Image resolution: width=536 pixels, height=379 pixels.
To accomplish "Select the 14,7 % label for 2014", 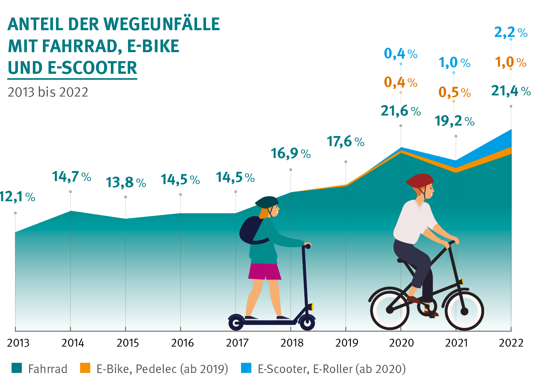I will [x=71, y=177].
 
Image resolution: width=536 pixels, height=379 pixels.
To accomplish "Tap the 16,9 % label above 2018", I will [x=290, y=153].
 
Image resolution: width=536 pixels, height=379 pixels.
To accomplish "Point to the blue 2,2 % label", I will [x=510, y=32].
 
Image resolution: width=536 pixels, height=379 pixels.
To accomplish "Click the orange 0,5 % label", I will [x=454, y=92].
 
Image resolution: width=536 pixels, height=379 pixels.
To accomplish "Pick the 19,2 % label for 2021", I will [x=454, y=121].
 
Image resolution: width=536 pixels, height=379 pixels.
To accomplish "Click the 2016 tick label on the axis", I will [x=182, y=343].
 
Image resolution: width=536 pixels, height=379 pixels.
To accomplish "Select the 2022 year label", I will [x=511, y=343].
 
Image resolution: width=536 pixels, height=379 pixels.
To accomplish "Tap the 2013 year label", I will [x=18, y=343].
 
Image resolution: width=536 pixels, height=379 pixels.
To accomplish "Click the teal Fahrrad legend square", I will [x=17, y=368].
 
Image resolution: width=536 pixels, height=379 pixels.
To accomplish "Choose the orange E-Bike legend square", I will [x=85, y=368].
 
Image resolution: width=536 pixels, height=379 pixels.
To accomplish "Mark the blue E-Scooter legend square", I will [x=246, y=368].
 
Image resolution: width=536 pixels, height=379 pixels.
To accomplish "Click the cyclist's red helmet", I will [x=420, y=181].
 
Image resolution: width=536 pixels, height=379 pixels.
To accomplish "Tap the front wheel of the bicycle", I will [x=464, y=310].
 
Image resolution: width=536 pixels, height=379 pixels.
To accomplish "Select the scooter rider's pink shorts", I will [x=265, y=271].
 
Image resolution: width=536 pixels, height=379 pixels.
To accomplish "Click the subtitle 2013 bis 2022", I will [x=48, y=92].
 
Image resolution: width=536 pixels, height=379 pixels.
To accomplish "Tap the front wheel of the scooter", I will [x=307, y=322].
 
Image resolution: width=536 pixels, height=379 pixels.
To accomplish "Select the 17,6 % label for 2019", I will [x=345, y=142].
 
